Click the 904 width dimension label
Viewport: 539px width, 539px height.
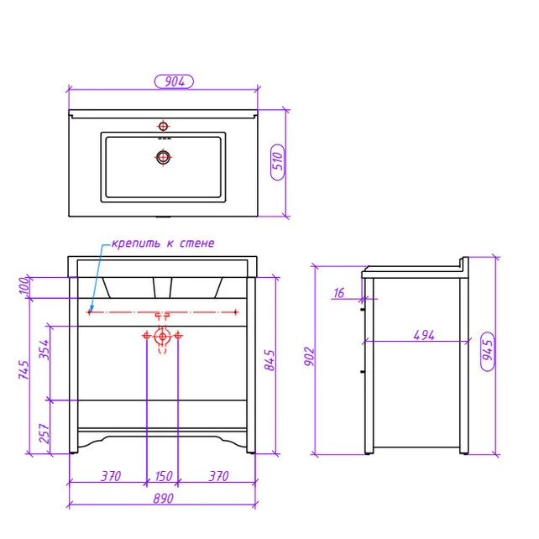tap(175, 81)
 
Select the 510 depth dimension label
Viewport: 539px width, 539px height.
tap(278, 162)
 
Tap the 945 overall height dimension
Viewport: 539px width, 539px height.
tap(488, 351)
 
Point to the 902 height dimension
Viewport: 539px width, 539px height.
tap(309, 357)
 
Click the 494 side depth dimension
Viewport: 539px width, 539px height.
tap(424, 335)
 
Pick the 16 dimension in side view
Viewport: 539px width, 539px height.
tap(339, 293)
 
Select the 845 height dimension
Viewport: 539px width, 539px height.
tap(269, 360)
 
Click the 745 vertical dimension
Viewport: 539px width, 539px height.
tap(24, 369)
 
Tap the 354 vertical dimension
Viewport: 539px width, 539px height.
tap(44, 349)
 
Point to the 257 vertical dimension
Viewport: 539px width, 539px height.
tap(44, 433)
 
